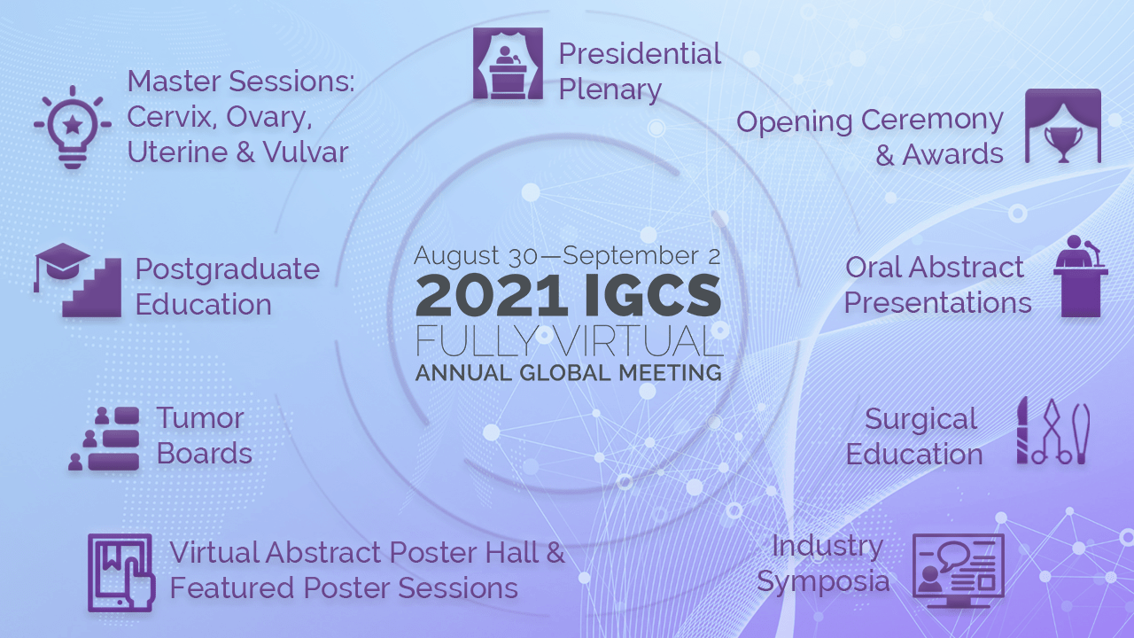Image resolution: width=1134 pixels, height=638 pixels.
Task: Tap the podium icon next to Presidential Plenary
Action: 508,63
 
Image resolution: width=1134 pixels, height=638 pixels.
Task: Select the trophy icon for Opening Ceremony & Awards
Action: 1063,144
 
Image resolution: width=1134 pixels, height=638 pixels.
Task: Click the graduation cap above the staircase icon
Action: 62,261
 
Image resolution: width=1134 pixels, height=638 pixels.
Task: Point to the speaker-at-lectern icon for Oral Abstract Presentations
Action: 1080,276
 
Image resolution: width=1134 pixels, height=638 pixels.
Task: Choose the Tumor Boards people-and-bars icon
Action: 105,439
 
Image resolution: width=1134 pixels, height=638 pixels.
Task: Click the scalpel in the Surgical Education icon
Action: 1022,431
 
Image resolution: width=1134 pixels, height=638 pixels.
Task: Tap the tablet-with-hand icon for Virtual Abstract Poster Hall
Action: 121,572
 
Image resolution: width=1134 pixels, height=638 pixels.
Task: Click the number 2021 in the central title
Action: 491,296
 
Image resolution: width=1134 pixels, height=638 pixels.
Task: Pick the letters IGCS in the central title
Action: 653,296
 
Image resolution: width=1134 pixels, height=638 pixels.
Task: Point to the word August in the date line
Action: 456,255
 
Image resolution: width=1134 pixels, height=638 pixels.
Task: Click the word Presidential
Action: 640,54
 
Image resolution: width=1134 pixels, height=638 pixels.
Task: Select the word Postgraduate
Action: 228,270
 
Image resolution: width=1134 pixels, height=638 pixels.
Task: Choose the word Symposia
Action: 823,582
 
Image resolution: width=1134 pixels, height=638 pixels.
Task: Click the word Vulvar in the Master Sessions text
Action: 306,152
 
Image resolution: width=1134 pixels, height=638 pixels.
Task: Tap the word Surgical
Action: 920,420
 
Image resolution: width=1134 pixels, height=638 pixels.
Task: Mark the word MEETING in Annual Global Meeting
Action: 671,373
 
